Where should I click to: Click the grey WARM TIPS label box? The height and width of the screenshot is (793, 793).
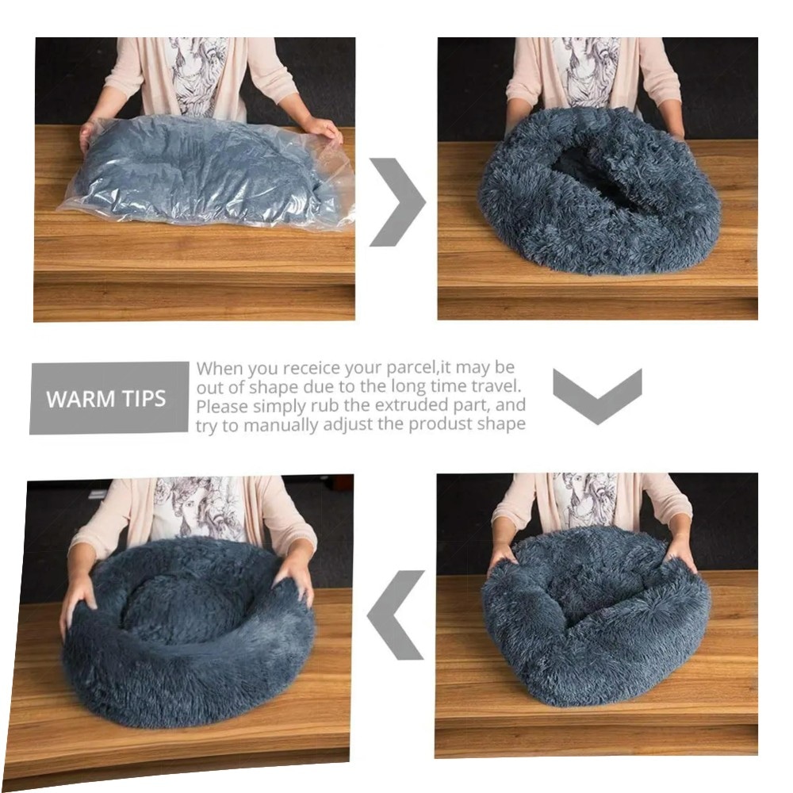pyautogui.click(x=109, y=397)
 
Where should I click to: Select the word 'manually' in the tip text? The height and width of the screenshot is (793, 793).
pyautogui.click(x=281, y=426)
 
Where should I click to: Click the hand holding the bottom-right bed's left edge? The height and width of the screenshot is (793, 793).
pyautogui.click(x=504, y=555)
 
